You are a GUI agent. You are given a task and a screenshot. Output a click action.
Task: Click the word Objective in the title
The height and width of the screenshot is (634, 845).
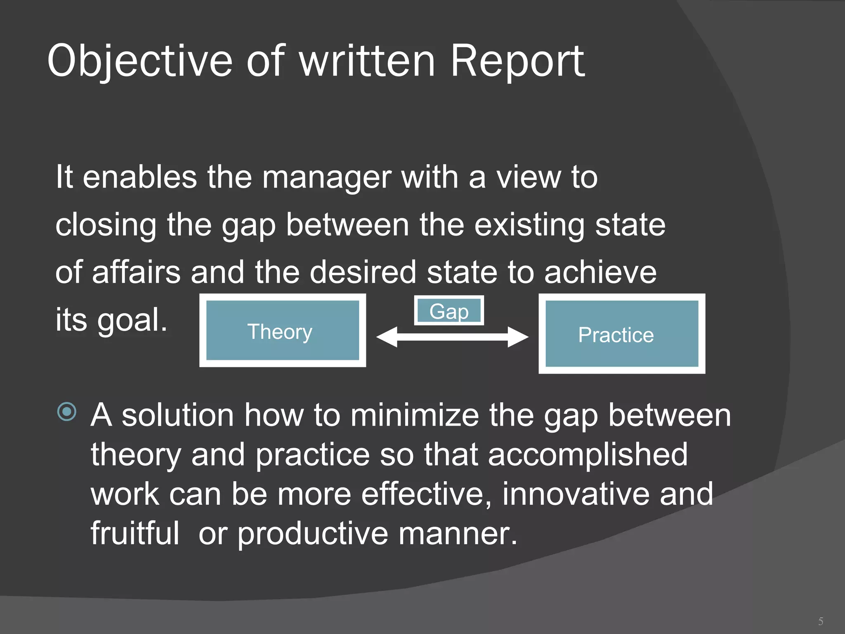(140, 61)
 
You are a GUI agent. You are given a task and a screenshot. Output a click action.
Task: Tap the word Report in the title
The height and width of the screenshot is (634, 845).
(517, 61)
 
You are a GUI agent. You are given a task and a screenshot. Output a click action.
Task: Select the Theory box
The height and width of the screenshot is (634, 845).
(282, 331)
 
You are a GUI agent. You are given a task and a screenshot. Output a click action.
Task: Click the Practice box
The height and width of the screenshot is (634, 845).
(621, 334)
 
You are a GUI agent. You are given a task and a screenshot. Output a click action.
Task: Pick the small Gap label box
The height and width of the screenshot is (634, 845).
(449, 311)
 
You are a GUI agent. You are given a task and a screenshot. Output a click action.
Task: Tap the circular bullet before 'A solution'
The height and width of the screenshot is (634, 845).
(67, 412)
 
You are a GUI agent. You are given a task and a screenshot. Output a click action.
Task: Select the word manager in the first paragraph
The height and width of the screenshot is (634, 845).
(326, 177)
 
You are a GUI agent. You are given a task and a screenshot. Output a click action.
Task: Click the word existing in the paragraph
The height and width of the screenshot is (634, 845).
(529, 225)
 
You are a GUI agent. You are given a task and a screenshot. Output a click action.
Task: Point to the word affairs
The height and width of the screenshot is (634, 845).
(137, 272)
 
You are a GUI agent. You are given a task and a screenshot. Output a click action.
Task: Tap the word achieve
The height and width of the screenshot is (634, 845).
(600, 272)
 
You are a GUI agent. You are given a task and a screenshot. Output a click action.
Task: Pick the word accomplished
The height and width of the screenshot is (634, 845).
(588, 454)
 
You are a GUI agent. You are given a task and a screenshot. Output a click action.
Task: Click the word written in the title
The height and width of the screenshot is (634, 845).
(367, 61)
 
